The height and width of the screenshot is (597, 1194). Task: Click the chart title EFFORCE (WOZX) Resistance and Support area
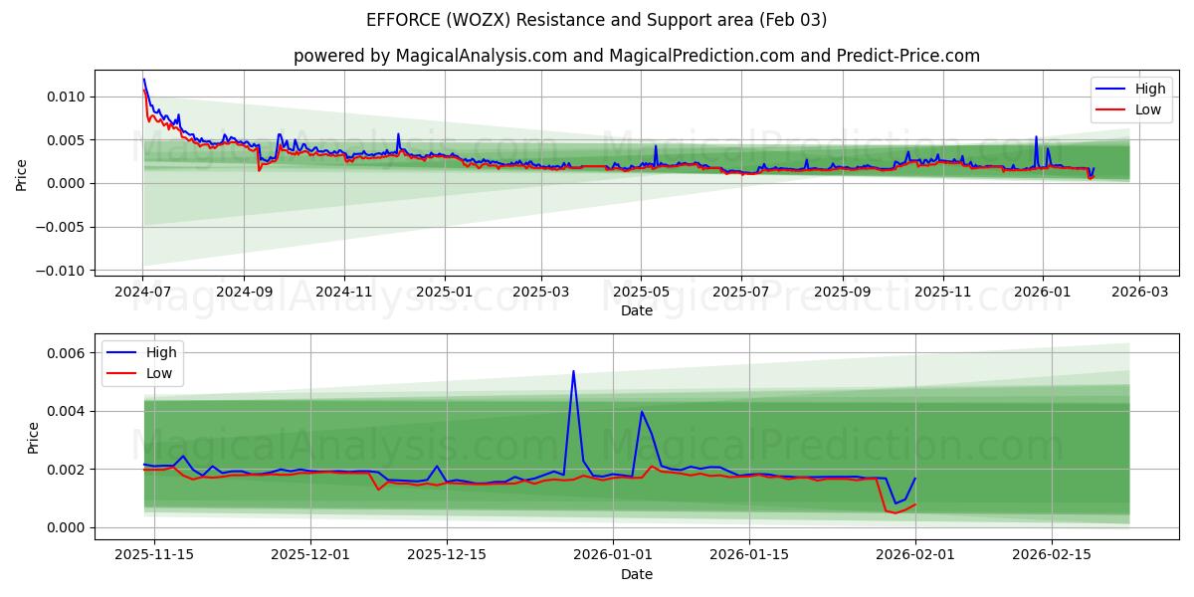click(x=596, y=20)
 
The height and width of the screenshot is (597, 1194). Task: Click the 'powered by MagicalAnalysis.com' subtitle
click(x=636, y=56)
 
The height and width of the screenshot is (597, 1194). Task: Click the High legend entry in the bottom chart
click(x=145, y=352)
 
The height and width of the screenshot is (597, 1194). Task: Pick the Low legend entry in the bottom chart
click(x=145, y=373)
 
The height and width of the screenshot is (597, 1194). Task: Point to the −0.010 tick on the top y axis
click(x=59, y=271)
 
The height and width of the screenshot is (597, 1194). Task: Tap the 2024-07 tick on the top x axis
click(x=142, y=293)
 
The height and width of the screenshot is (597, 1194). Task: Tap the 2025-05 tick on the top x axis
click(x=641, y=293)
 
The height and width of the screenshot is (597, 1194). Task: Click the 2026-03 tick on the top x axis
click(x=1139, y=293)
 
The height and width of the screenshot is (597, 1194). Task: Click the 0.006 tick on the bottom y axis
click(x=64, y=353)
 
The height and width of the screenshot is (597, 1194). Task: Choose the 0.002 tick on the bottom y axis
click(x=64, y=470)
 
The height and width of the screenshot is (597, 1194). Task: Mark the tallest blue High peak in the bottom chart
click(x=573, y=371)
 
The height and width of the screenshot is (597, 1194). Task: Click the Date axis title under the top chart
click(x=636, y=310)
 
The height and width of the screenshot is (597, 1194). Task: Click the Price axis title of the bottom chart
click(x=34, y=438)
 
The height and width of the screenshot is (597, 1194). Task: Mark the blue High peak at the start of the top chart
click(x=143, y=80)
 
